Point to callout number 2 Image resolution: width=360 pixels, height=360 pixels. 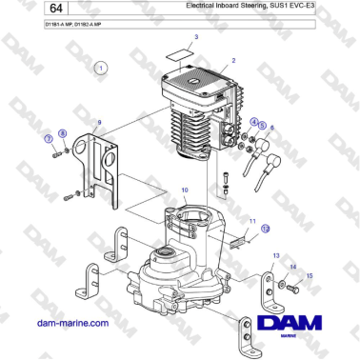coord(232,60)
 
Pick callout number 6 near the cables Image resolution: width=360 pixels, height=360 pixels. coord(271,127)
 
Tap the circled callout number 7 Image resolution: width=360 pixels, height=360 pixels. coord(48,139)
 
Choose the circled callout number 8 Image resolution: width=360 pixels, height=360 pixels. coord(63,133)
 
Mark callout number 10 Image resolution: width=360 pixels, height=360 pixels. coord(171,190)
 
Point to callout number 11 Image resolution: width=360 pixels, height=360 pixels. coord(253,221)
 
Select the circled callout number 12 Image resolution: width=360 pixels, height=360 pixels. coord(266,230)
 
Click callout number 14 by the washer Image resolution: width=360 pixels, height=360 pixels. coord(293,267)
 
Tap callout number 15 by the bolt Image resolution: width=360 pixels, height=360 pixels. coord(309,275)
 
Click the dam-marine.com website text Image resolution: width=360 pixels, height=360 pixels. coord(70,324)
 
